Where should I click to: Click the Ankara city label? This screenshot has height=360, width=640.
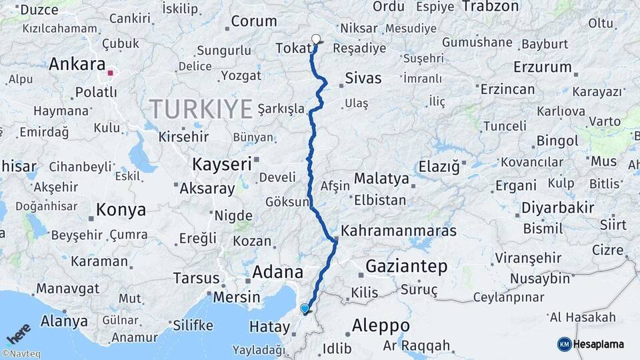(x=77, y=65)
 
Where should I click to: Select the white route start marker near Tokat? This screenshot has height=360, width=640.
(x=316, y=39)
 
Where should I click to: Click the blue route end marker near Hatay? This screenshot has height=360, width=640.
(x=305, y=309)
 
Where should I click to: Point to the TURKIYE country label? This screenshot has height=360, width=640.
(x=201, y=107)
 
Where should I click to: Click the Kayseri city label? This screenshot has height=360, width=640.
(x=222, y=163)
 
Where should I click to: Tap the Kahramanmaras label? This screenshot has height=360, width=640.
(x=399, y=231)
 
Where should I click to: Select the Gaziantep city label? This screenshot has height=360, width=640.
(x=406, y=267)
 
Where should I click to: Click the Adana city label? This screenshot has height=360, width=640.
(x=278, y=272)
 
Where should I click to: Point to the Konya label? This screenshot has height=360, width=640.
(x=121, y=210)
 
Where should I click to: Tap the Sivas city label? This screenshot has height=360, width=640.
(x=363, y=79)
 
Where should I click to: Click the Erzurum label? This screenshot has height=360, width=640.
(x=543, y=67)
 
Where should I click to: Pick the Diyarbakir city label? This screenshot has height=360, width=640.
(x=558, y=207)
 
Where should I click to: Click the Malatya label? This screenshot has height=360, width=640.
(x=381, y=179)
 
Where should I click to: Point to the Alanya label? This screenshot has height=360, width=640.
(x=64, y=321)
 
